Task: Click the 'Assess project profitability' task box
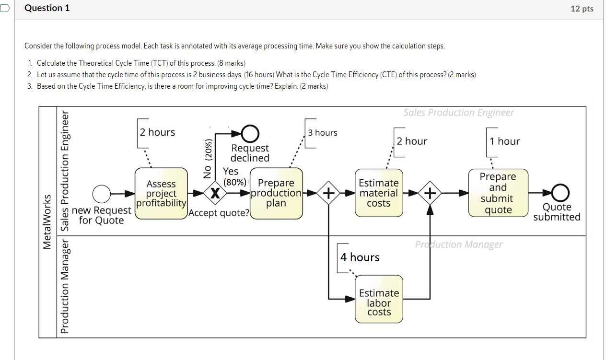pos(161,193)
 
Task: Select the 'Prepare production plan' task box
pos(276,193)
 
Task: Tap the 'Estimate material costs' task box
pos(379,193)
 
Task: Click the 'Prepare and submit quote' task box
pos(498,193)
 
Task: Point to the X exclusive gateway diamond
pos(216,193)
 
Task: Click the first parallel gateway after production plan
pos(328,193)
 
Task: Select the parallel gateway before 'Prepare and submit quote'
pos(431,193)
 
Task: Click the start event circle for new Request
pos(101,194)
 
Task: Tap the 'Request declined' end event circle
pos(250,133)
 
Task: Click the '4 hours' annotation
pos(360,257)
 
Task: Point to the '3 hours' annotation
pos(323,133)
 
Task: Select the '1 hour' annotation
pos(504,141)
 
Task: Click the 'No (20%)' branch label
pos(208,159)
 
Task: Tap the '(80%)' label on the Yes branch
pos(235,182)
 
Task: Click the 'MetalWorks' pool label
pos(47,221)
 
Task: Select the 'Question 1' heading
pos(47,8)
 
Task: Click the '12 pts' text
pos(582,9)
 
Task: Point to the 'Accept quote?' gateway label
pos(220,213)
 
